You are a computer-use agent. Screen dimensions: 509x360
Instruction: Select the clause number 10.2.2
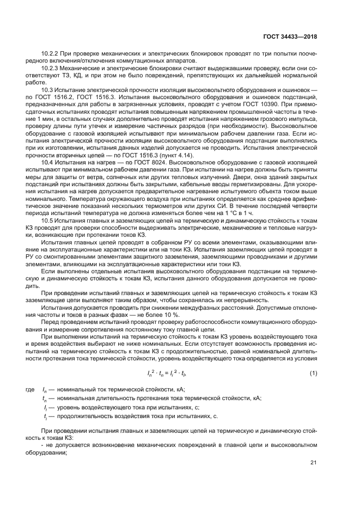click(x=51, y=54)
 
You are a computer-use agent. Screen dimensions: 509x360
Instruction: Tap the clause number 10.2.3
click(x=51, y=68)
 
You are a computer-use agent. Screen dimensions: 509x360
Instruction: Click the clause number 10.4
click(x=47, y=163)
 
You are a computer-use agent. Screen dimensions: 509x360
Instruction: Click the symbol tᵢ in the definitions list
click(x=45, y=416)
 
